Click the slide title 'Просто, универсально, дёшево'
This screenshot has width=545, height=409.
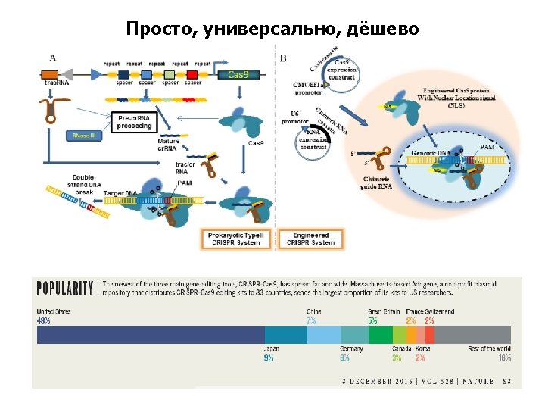click(x=272, y=30)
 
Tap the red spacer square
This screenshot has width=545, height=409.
click(x=192, y=74)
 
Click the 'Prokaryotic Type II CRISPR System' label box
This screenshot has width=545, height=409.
click(x=236, y=239)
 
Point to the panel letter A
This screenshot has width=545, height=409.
click(x=52, y=57)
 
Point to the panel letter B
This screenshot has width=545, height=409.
click(x=283, y=58)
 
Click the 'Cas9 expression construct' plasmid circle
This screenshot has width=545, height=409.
click(x=341, y=71)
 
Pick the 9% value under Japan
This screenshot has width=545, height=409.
click(x=269, y=358)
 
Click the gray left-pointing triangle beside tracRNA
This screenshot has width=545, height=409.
click(x=95, y=74)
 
